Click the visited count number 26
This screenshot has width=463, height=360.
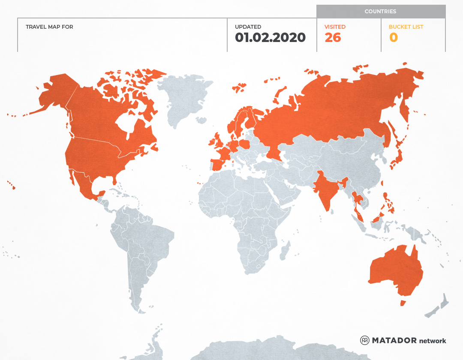(333, 38)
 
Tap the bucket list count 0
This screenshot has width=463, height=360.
(393, 38)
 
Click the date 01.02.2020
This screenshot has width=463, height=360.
(270, 38)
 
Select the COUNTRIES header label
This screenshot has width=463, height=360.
(380, 12)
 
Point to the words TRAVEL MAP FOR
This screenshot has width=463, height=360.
(49, 27)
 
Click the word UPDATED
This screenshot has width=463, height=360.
(248, 27)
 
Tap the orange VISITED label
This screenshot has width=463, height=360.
(335, 27)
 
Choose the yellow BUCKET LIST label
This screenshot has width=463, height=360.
(406, 27)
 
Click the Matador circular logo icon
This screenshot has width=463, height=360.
(365, 340)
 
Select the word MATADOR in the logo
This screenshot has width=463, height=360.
(394, 340)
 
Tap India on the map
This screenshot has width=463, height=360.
(324, 189)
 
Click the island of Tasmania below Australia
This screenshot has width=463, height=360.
(403, 303)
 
